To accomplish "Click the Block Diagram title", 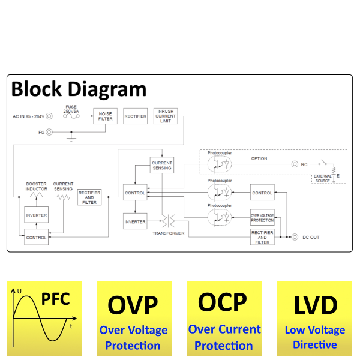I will [x=79, y=89].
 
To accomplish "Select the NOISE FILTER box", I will [x=105, y=116].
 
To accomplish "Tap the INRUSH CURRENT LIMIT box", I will [x=166, y=116].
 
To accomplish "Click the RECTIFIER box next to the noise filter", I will [x=135, y=116].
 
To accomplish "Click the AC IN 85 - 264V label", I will [x=29, y=116].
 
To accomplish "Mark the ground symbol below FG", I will [x=71, y=139].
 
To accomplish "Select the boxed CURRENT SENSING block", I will [x=162, y=165].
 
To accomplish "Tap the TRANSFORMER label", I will [x=168, y=233].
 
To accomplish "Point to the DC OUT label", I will [x=311, y=238].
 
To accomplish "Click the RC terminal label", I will [x=305, y=164].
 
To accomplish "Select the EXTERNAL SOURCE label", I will [x=322, y=178].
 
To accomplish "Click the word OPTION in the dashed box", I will [x=259, y=158].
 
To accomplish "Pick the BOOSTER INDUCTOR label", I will [x=36, y=186].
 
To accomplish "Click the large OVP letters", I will [x=133, y=305].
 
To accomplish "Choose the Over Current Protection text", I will [x=224, y=337].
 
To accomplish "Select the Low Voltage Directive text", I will [x=315, y=337].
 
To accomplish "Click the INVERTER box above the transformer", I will [x=134, y=221].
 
